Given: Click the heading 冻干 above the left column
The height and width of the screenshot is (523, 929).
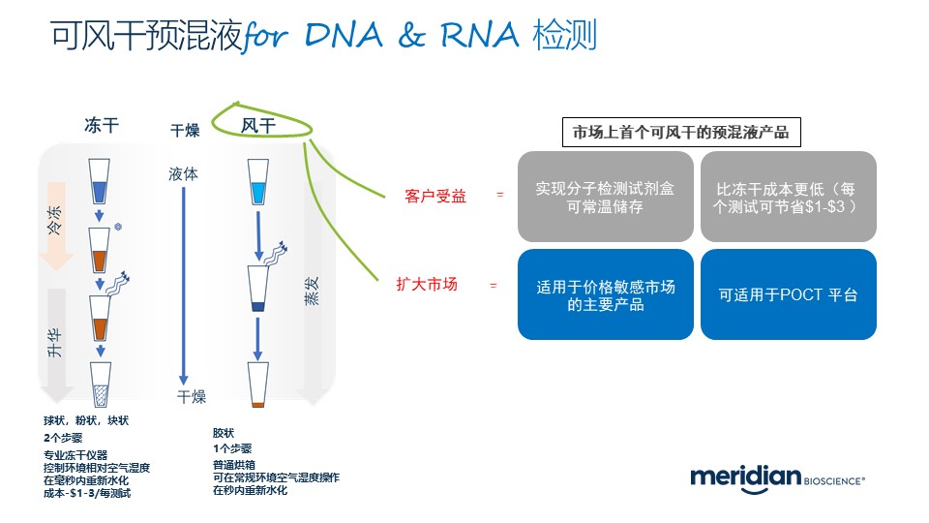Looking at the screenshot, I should tap(102, 126).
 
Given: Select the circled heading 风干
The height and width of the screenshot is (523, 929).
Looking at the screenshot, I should tap(258, 126).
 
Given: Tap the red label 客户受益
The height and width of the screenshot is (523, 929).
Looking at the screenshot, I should tap(435, 196).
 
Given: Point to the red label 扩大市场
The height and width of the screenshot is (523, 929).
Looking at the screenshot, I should tap(427, 286).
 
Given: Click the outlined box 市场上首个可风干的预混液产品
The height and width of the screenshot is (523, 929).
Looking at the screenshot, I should tap(681, 133).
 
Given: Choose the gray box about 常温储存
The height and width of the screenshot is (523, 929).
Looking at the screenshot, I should tap(606, 197).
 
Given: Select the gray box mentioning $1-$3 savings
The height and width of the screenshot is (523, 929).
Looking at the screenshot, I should tap(789, 197).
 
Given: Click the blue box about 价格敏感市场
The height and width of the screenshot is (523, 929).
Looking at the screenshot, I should tap(606, 295).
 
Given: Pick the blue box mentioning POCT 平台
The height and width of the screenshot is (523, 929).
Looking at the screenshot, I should tap(789, 295).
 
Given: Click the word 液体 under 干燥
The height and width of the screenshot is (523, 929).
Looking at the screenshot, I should tap(183, 175).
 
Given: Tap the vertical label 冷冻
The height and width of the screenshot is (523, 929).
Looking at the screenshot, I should tap(55, 229).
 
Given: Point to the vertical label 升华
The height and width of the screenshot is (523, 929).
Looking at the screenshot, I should tap(55, 344).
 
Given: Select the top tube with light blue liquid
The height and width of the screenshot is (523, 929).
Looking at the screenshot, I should tap(258, 182).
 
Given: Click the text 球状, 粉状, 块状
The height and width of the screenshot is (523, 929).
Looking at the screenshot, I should tap(86, 421).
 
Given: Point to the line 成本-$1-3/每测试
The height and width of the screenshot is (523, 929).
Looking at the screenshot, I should tap(86, 493).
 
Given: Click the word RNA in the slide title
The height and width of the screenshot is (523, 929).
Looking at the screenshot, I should tap(477, 36).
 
